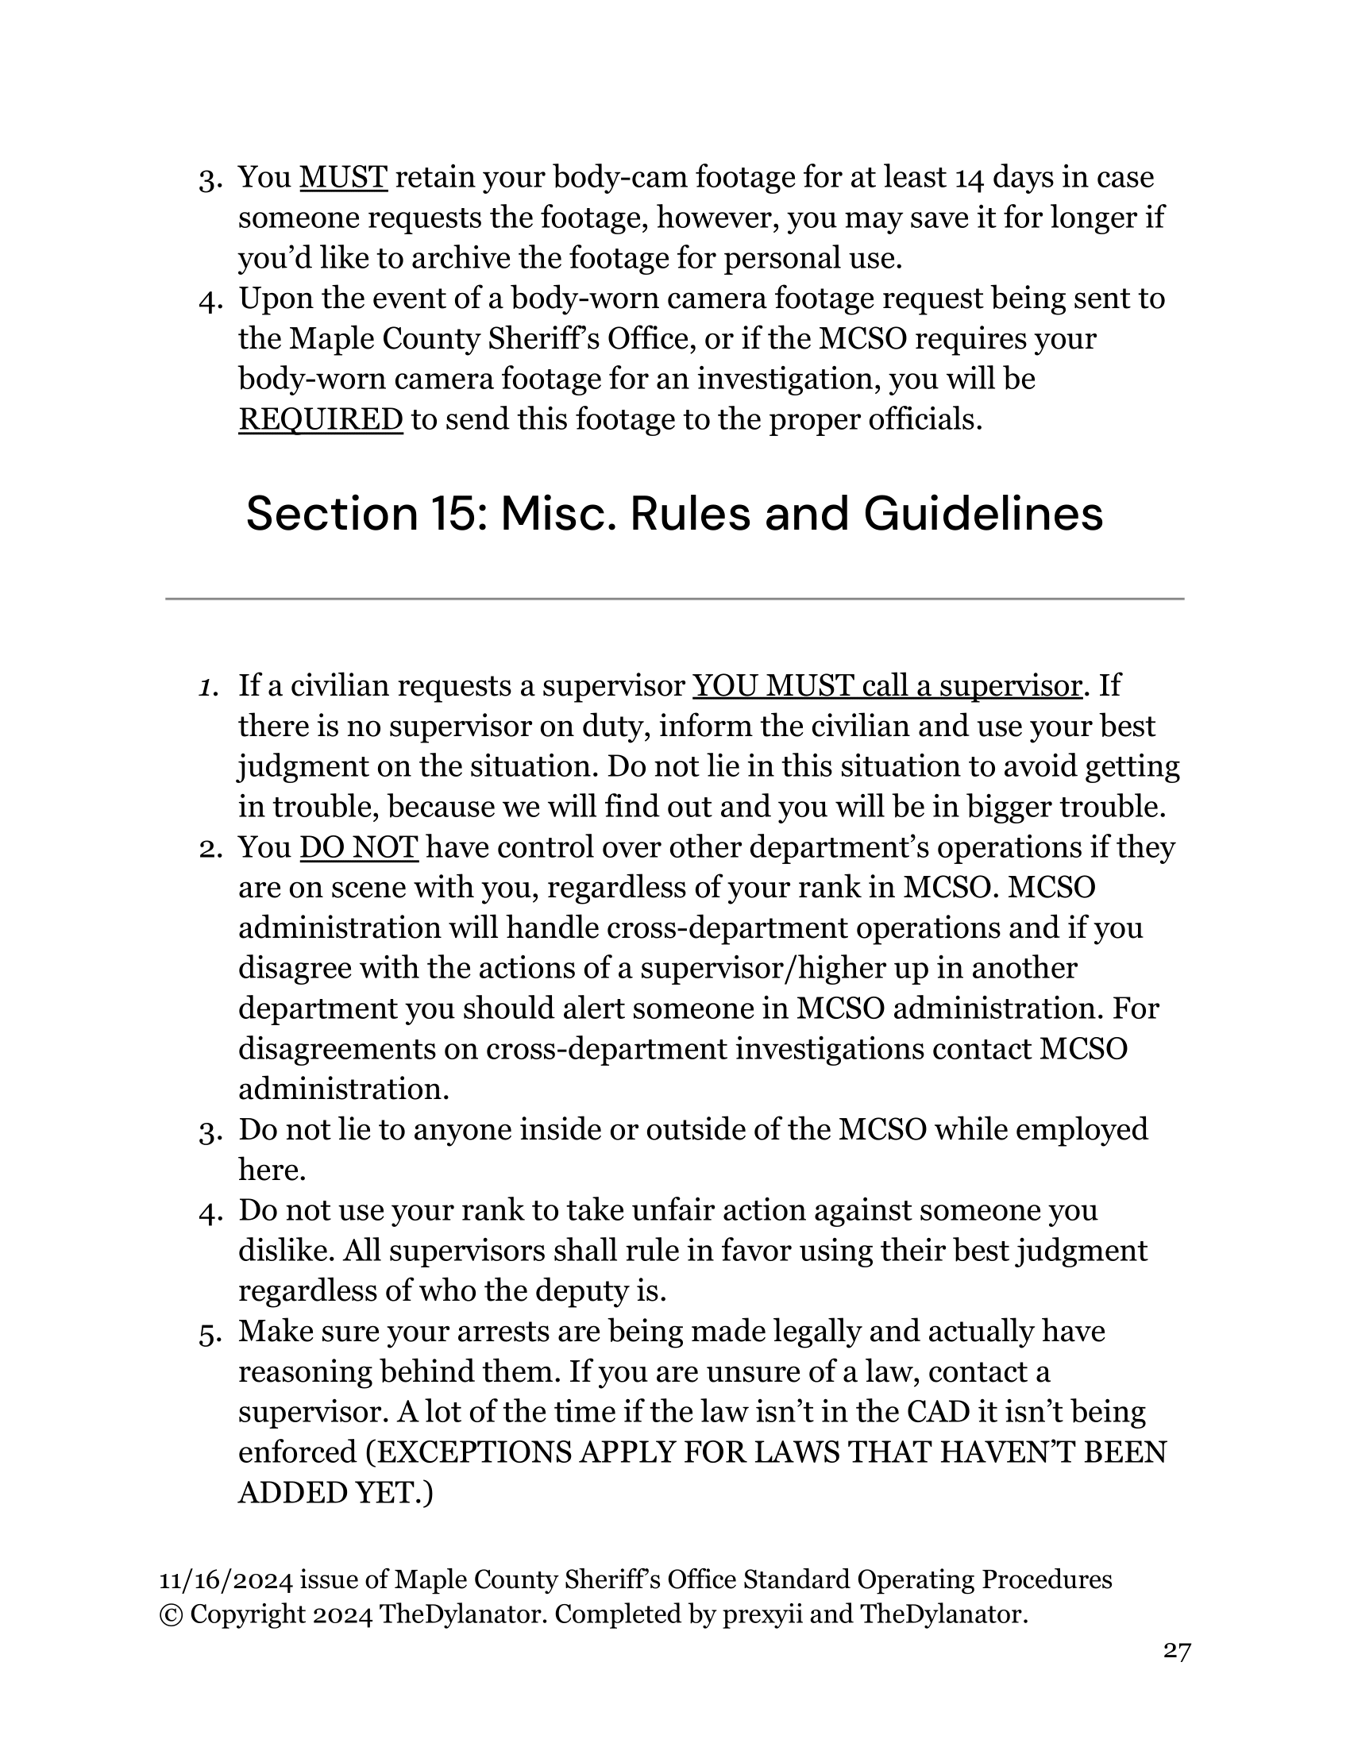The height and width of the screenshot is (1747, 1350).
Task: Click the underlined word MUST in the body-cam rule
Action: pos(343,177)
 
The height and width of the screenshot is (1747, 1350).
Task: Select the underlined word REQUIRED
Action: pos(320,419)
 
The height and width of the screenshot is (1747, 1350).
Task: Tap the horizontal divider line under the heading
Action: pos(674,598)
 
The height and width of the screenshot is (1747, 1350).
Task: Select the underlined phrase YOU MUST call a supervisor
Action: pos(886,685)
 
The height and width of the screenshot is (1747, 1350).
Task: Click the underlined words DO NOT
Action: pos(358,847)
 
